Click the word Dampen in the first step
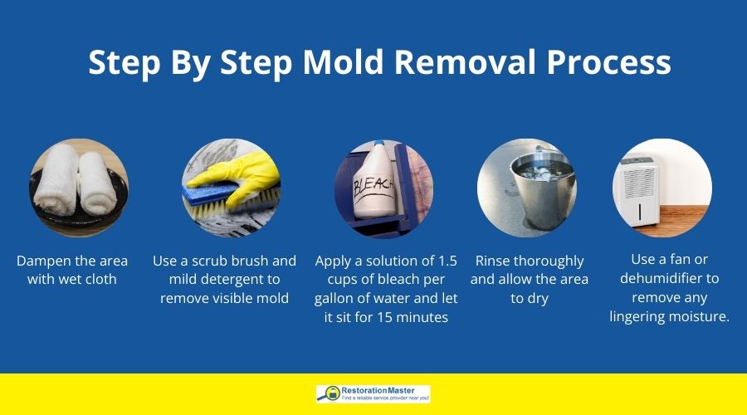45,261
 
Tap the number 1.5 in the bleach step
444,261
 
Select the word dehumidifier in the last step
668,279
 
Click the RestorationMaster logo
373,393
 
